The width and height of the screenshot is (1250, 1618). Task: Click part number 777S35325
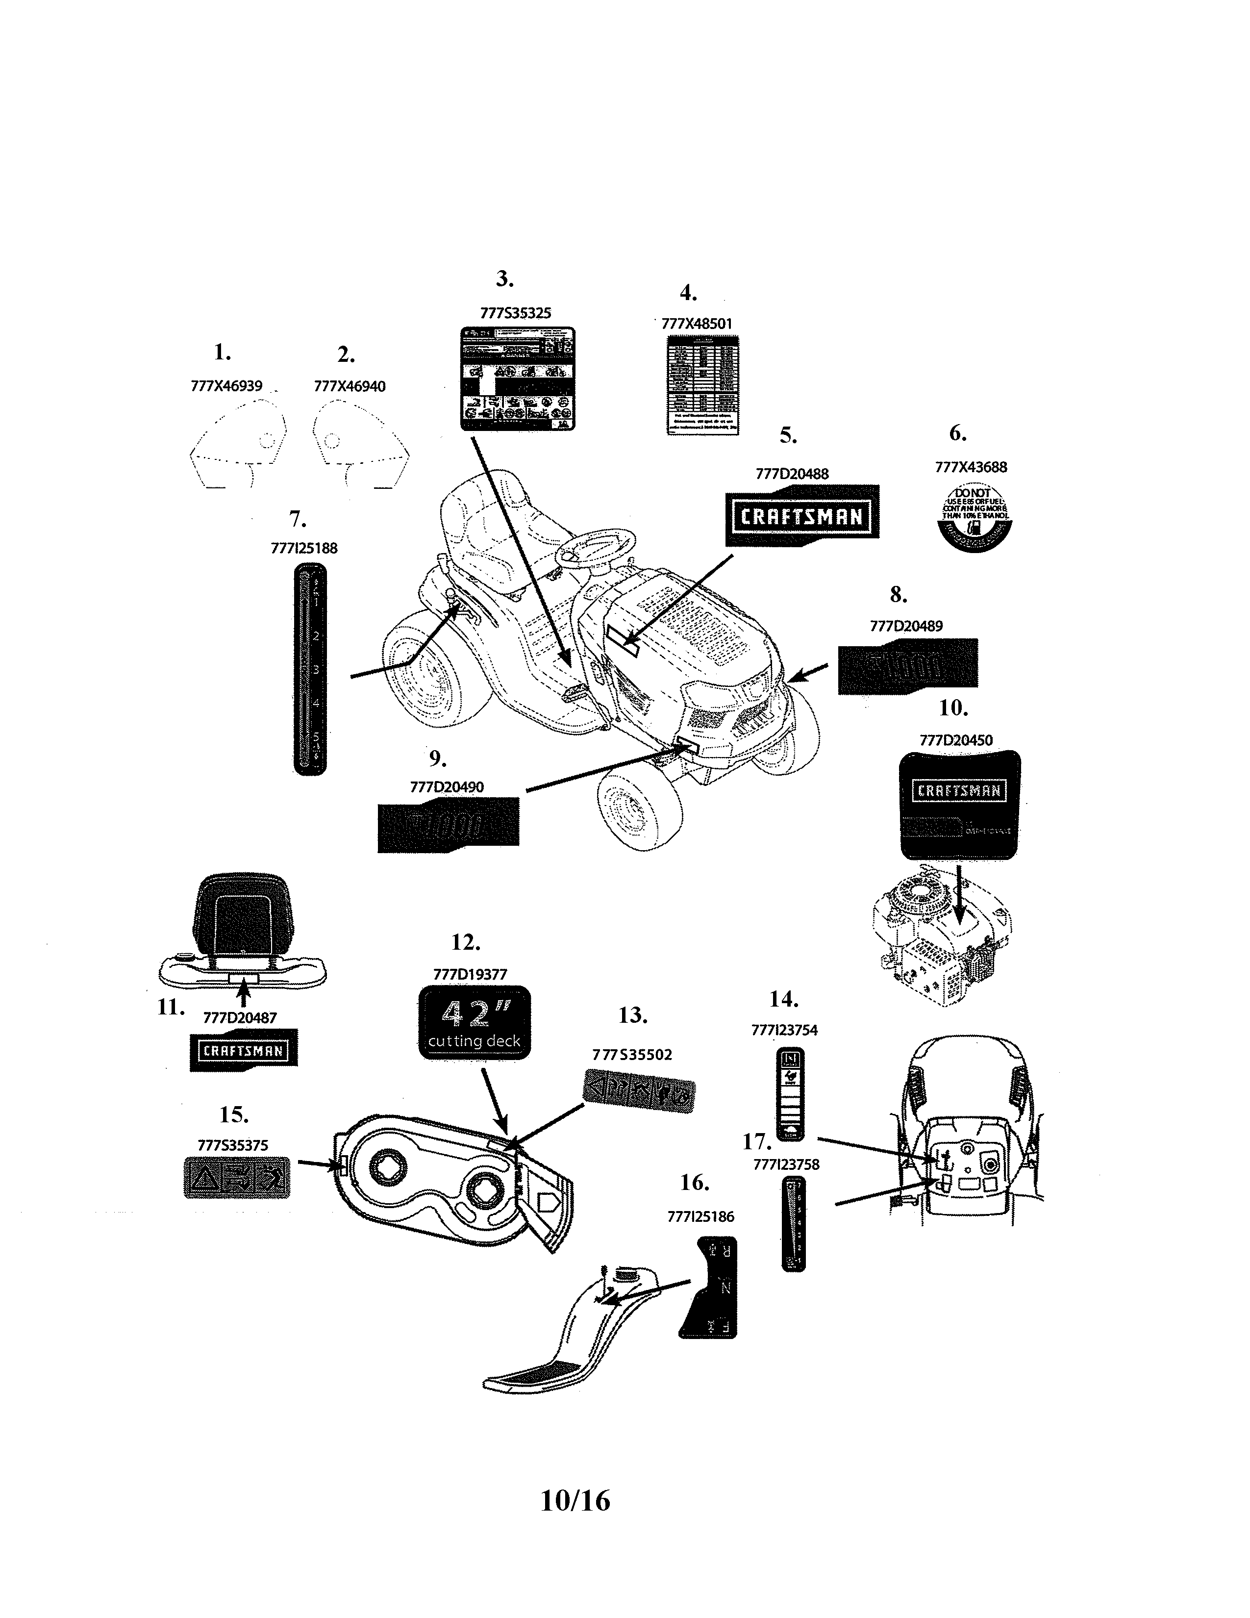tap(515, 313)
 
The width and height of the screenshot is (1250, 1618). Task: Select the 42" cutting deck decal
tap(474, 1022)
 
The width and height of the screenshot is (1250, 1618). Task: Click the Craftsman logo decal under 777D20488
tap(802, 516)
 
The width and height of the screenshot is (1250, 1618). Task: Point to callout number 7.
tap(297, 519)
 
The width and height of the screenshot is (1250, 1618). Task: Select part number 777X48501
tap(696, 324)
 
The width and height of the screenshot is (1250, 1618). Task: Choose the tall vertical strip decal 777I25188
tap(309, 669)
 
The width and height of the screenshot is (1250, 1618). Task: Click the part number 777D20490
tap(447, 787)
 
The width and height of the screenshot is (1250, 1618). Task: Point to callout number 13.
tap(632, 1015)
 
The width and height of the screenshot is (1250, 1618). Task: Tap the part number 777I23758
tap(786, 1164)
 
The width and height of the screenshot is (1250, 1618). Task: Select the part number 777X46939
tap(226, 386)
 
